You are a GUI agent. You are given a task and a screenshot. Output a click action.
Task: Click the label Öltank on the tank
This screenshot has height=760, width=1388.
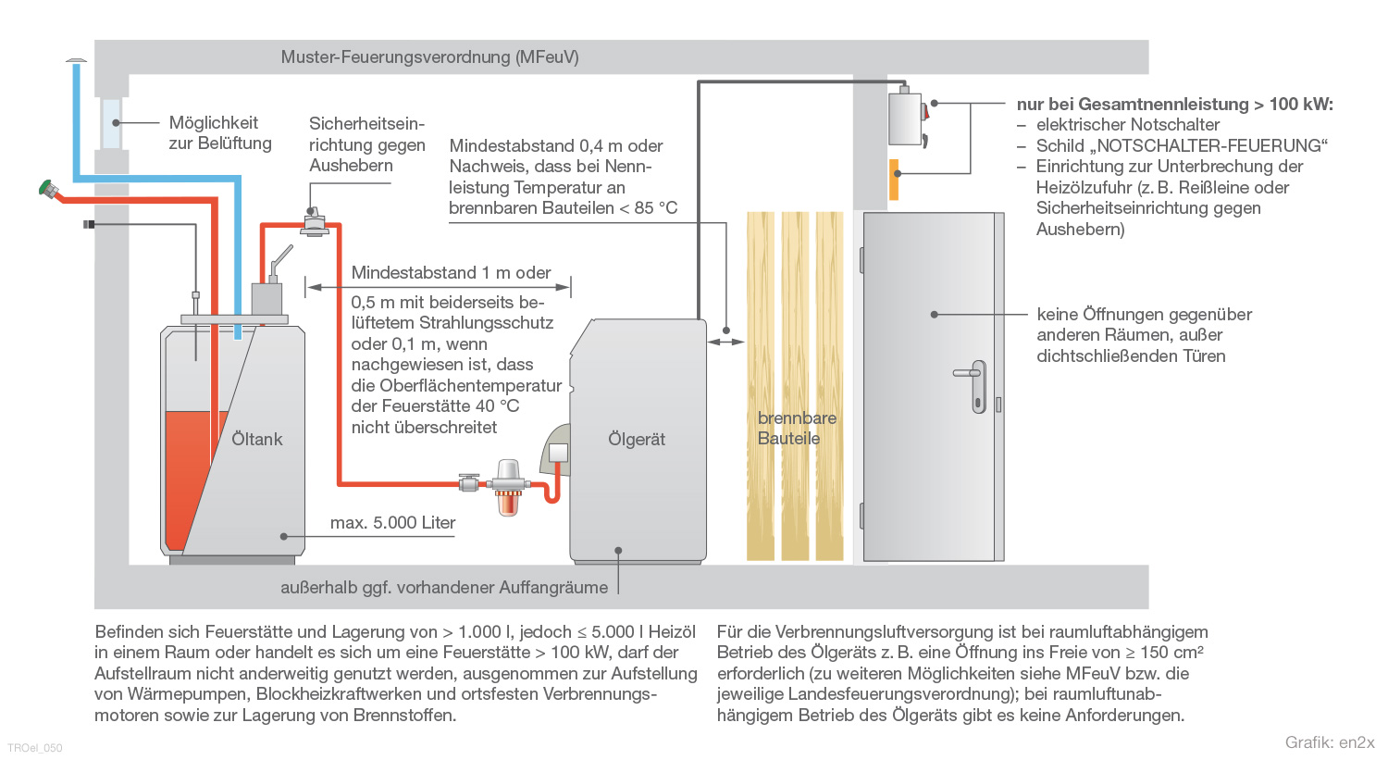click(256, 439)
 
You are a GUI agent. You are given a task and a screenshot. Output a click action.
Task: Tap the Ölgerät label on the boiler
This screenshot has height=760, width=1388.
click(637, 439)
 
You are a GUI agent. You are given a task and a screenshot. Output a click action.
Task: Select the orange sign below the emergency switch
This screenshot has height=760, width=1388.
click(894, 180)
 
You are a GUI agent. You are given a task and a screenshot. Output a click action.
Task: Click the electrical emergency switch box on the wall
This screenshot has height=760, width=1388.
click(907, 118)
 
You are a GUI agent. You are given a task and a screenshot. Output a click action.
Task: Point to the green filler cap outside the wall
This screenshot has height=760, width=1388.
click(46, 188)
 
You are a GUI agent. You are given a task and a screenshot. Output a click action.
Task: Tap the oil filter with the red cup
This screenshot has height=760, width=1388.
click(508, 487)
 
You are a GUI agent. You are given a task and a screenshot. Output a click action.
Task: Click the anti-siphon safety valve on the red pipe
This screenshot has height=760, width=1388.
click(315, 221)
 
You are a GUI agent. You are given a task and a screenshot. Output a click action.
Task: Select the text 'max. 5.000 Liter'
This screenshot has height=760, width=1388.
click(392, 523)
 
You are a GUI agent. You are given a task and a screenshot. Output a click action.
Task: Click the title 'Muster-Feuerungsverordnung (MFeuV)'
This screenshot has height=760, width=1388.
click(430, 57)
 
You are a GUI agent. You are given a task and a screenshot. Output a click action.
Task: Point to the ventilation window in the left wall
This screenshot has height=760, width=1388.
click(112, 123)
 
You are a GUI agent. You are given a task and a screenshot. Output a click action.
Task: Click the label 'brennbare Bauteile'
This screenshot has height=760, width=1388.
click(797, 428)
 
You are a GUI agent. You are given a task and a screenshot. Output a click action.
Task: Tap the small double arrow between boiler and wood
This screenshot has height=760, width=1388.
click(725, 342)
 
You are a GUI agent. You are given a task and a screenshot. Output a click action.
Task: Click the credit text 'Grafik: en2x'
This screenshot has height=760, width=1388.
click(1330, 742)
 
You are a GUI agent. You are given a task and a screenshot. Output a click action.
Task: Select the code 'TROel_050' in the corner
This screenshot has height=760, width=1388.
click(35, 748)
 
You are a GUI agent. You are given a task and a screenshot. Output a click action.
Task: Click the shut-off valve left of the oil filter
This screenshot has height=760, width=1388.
click(468, 482)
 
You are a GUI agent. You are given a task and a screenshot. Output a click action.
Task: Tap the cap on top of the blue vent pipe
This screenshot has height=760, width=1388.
click(76, 60)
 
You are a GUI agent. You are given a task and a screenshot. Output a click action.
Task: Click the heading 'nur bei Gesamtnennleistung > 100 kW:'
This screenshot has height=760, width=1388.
click(1175, 105)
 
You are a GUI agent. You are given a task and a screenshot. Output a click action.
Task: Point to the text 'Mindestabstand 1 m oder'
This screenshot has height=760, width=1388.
click(451, 273)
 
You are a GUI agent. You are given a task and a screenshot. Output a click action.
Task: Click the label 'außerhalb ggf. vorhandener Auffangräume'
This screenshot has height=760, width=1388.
click(444, 588)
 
